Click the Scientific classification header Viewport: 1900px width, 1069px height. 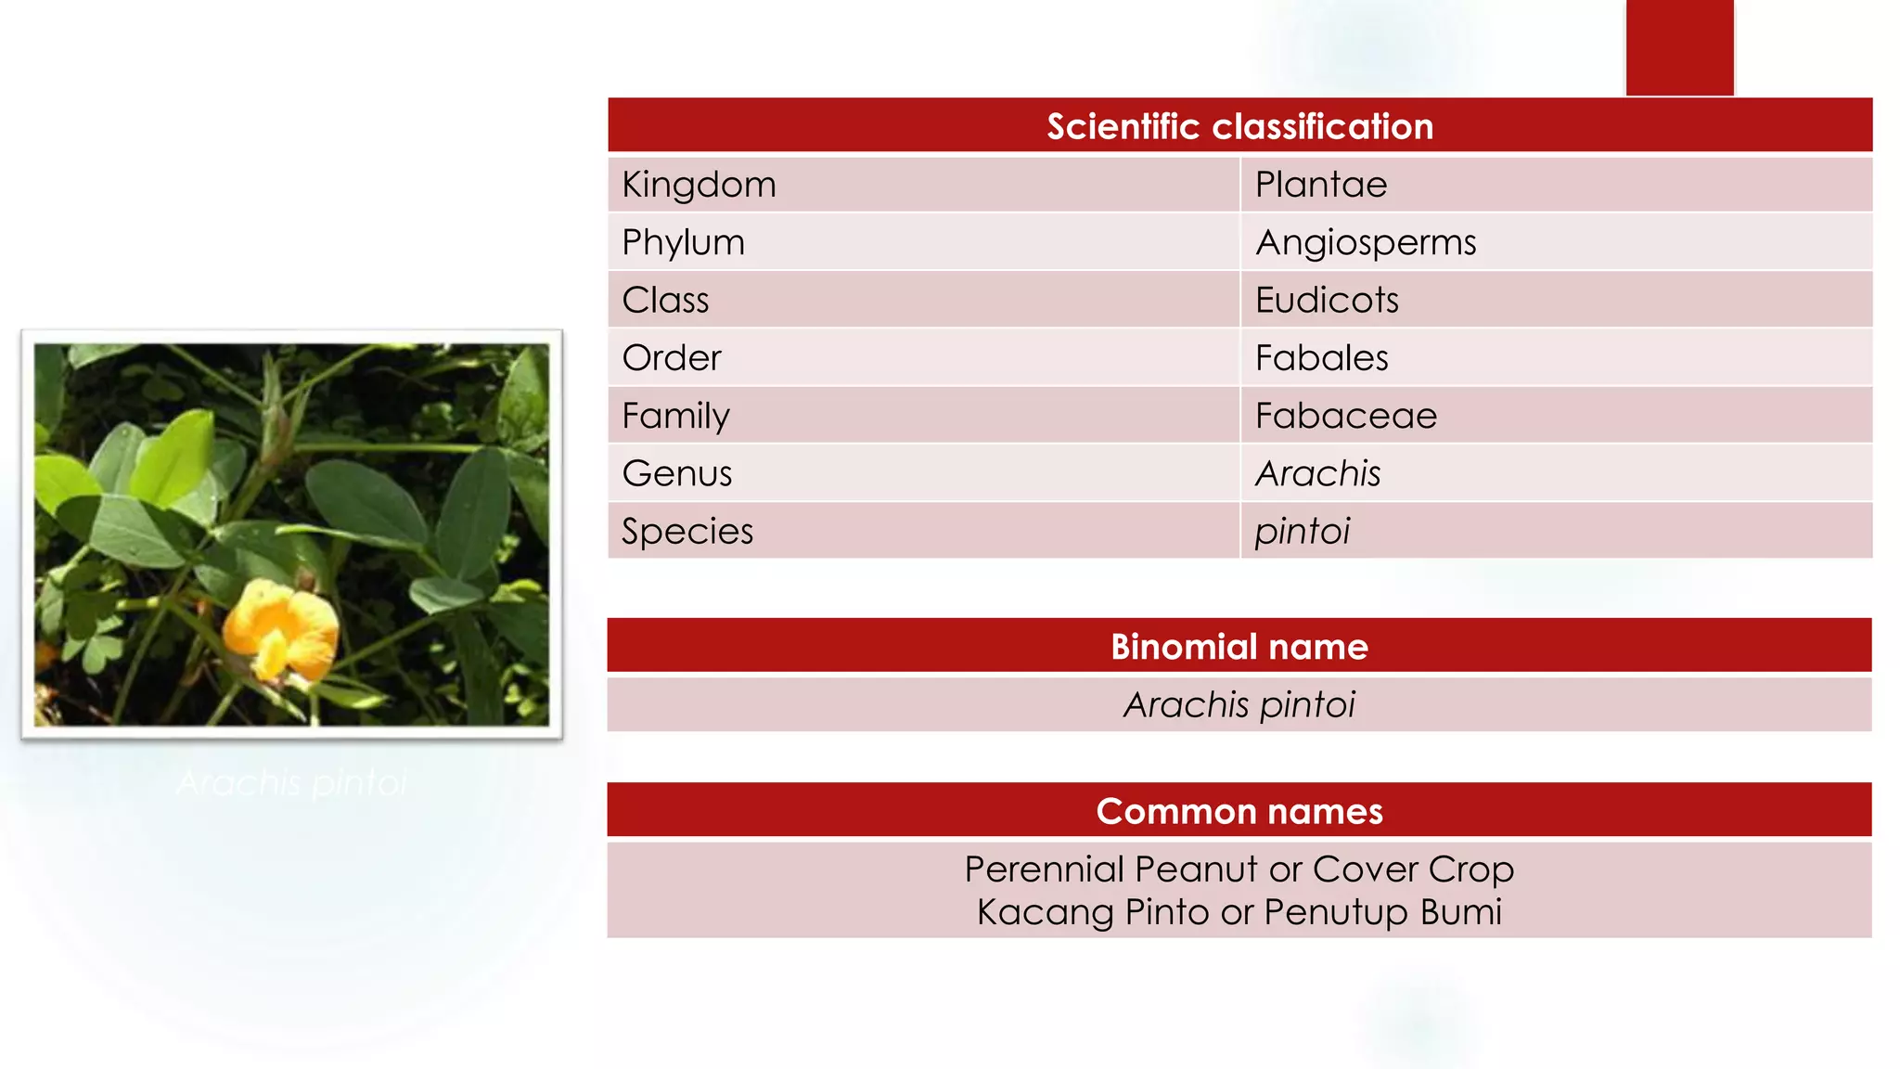pos(1239,126)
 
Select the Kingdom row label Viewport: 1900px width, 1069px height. pos(699,185)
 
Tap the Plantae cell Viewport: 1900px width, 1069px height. pos(1320,185)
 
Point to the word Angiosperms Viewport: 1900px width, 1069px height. pos(1365,243)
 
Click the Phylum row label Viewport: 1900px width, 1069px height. pos(683,243)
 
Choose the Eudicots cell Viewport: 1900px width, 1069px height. pos(1326,301)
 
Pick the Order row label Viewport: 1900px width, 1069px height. pos(671,358)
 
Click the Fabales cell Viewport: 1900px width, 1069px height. pos(1321,358)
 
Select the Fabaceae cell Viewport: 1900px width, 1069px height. pos(1345,416)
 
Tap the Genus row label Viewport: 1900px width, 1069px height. pos(676,474)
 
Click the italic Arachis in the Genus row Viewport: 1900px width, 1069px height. pos(1317,474)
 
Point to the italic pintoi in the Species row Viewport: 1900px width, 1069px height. pos(1302,532)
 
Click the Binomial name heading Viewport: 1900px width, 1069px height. pos(1239,647)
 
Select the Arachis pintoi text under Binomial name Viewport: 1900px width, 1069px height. pos(1239,705)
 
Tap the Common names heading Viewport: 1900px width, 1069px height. pos(1239,812)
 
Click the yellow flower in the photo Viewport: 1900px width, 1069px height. pos(278,628)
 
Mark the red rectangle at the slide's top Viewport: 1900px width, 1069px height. pos(1679,46)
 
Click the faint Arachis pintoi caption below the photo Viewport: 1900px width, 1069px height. pos(291,783)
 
